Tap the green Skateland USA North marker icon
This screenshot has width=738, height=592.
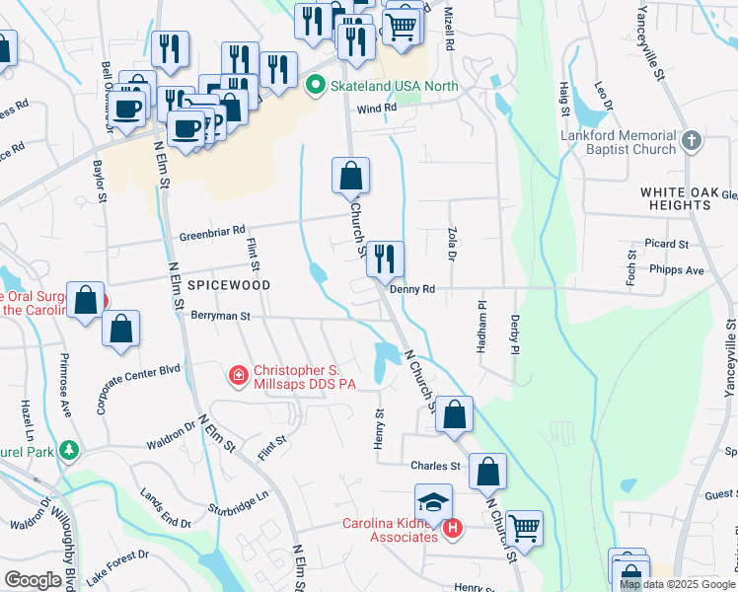point(316,86)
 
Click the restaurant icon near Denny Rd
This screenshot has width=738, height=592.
point(385,259)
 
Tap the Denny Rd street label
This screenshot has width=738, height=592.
point(412,290)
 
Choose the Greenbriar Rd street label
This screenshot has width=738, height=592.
point(211,232)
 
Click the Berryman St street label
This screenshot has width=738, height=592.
point(216,318)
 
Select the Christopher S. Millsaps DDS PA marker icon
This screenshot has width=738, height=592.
point(238,376)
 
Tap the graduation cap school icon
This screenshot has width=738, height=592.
point(433,501)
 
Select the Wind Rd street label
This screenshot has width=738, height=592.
point(376,109)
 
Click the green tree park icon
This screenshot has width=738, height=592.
point(68,451)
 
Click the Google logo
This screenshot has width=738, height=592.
point(33,581)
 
